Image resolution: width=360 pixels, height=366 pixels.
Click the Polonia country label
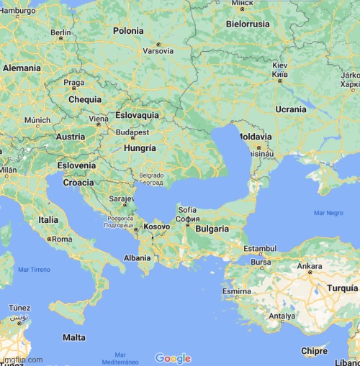click(128, 31)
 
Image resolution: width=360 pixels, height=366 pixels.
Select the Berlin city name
click(60, 32)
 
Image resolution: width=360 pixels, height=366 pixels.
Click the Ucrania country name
click(290, 109)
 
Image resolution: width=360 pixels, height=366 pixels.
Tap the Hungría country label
click(140, 147)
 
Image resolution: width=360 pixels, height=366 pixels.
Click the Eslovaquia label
click(137, 115)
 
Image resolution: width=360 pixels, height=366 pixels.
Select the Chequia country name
click(84, 100)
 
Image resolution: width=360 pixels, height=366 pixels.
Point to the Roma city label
click(62, 239)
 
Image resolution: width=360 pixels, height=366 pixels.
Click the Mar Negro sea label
click(328, 214)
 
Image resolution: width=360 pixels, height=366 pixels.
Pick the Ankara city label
click(310, 266)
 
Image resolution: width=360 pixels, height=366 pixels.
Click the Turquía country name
click(342, 288)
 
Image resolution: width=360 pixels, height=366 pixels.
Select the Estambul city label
click(259, 248)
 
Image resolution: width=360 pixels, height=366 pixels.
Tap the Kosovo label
click(157, 227)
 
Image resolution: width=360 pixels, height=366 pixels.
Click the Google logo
click(173, 358)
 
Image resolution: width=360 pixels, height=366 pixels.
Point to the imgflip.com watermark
click(22, 360)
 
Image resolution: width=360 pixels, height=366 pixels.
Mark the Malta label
click(73, 337)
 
